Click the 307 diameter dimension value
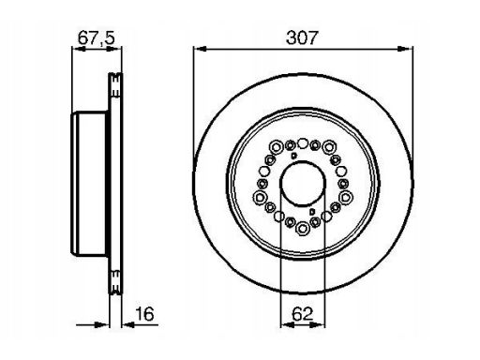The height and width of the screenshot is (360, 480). coord(302,37)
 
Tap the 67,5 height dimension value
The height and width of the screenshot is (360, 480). coord(97,38)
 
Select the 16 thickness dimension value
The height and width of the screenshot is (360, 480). coord(144,314)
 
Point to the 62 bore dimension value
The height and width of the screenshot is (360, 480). coord(302,314)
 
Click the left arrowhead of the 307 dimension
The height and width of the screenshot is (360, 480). coord(200,49)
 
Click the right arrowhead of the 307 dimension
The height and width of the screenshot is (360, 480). coord(405,49)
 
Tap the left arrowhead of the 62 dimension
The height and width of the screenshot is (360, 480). coord(288,325)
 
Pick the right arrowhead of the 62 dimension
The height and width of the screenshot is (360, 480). coord(318,325)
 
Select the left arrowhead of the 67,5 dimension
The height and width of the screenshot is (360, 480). coord(79,49)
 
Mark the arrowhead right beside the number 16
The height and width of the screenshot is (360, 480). coord(128,325)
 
